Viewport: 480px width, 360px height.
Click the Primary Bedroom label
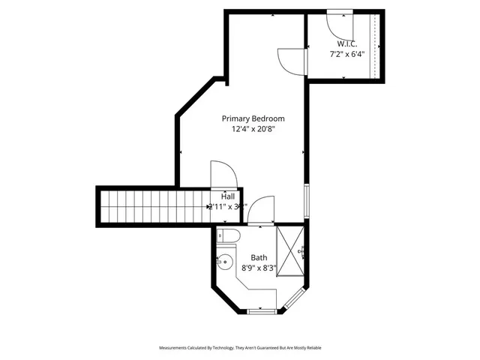253,118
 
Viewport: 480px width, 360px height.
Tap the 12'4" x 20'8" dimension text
253,129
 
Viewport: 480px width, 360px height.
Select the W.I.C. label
346,43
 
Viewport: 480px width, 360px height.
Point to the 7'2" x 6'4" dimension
346,54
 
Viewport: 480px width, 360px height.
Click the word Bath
259,257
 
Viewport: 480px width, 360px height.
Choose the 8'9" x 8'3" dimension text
259,267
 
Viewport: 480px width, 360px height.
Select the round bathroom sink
224,262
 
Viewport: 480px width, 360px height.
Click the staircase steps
154,205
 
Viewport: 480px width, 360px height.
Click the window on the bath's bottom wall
262,310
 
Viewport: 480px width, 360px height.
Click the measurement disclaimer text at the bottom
239,348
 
